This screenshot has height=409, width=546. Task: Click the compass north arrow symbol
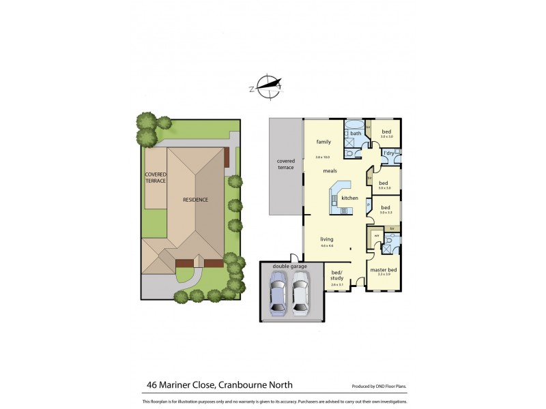pyautogui.click(x=267, y=86)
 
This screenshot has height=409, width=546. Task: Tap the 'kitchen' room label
pyautogui.click(x=349, y=198)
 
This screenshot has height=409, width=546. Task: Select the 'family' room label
pyautogui.click(x=323, y=142)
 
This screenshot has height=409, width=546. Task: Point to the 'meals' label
pyautogui.click(x=330, y=171)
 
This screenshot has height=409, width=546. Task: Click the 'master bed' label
pyautogui.click(x=384, y=270)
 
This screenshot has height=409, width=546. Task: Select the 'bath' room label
pyautogui.click(x=356, y=133)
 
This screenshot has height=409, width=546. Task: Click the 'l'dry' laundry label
pyautogui.click(x=388, y=154)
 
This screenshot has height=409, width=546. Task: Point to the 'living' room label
pyautogui.click(x=327, y=239)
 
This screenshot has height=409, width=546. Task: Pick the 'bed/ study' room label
pyautogui.click(x=337, y=275)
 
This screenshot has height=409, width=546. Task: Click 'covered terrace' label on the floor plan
pyautogui.click(x=285, y=164)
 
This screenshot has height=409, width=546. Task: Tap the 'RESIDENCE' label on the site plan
pyautogui.click(x=195, y=200)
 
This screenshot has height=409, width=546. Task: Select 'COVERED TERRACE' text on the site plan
pyautogui.click(x=156, y=177)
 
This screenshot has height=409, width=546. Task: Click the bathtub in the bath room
pyautogui.click(x=355, y=124)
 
